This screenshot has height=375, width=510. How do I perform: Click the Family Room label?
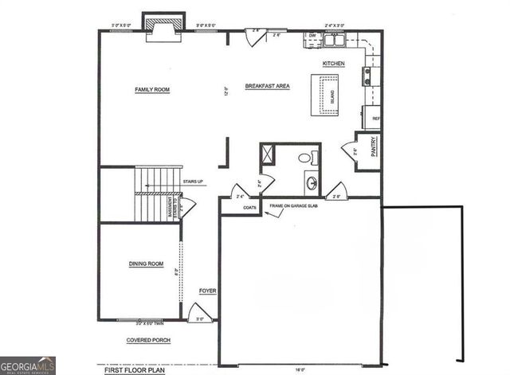tap(152, 90)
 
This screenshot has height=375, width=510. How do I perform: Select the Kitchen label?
tap(332, 63)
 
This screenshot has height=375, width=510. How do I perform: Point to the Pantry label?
tap(373, 148)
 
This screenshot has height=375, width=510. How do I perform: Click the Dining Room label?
tap(146, 264)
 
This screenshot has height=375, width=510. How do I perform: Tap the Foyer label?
tap(207, 291)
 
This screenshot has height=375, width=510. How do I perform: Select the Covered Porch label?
tap(148, 340)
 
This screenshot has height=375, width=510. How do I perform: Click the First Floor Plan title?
tap(135, 370)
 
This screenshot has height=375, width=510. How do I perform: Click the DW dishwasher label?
tap(312, 36)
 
